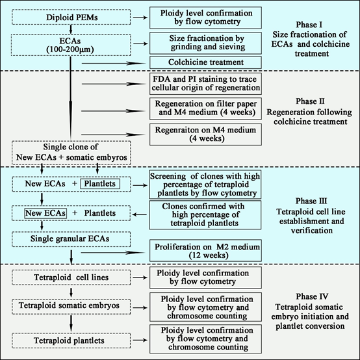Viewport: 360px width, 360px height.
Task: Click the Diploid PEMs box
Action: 71,17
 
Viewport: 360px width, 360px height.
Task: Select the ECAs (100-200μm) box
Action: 71,45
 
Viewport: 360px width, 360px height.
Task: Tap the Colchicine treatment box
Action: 205,62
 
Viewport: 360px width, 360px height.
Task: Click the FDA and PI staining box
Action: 205,84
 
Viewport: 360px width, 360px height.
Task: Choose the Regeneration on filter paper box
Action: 205,109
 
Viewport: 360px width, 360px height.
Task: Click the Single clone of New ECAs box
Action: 71,153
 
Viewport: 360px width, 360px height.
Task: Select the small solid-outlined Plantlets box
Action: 100,184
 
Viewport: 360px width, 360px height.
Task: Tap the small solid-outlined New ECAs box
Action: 45,213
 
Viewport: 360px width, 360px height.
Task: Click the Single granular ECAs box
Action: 71,239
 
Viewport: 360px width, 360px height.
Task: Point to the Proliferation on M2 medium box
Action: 205,250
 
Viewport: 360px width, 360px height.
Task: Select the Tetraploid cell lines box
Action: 71,277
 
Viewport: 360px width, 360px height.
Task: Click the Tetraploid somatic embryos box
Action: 71,307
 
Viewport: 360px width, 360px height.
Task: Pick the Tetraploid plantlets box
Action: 71,341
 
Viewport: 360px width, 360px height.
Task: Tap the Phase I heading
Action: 309,25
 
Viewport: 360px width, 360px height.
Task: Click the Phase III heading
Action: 311,201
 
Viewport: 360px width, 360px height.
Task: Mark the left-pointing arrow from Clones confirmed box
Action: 140,214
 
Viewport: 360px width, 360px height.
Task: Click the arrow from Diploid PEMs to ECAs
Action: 71,29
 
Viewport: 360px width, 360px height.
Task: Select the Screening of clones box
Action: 205,185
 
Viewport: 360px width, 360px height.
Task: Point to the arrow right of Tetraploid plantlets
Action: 140,341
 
